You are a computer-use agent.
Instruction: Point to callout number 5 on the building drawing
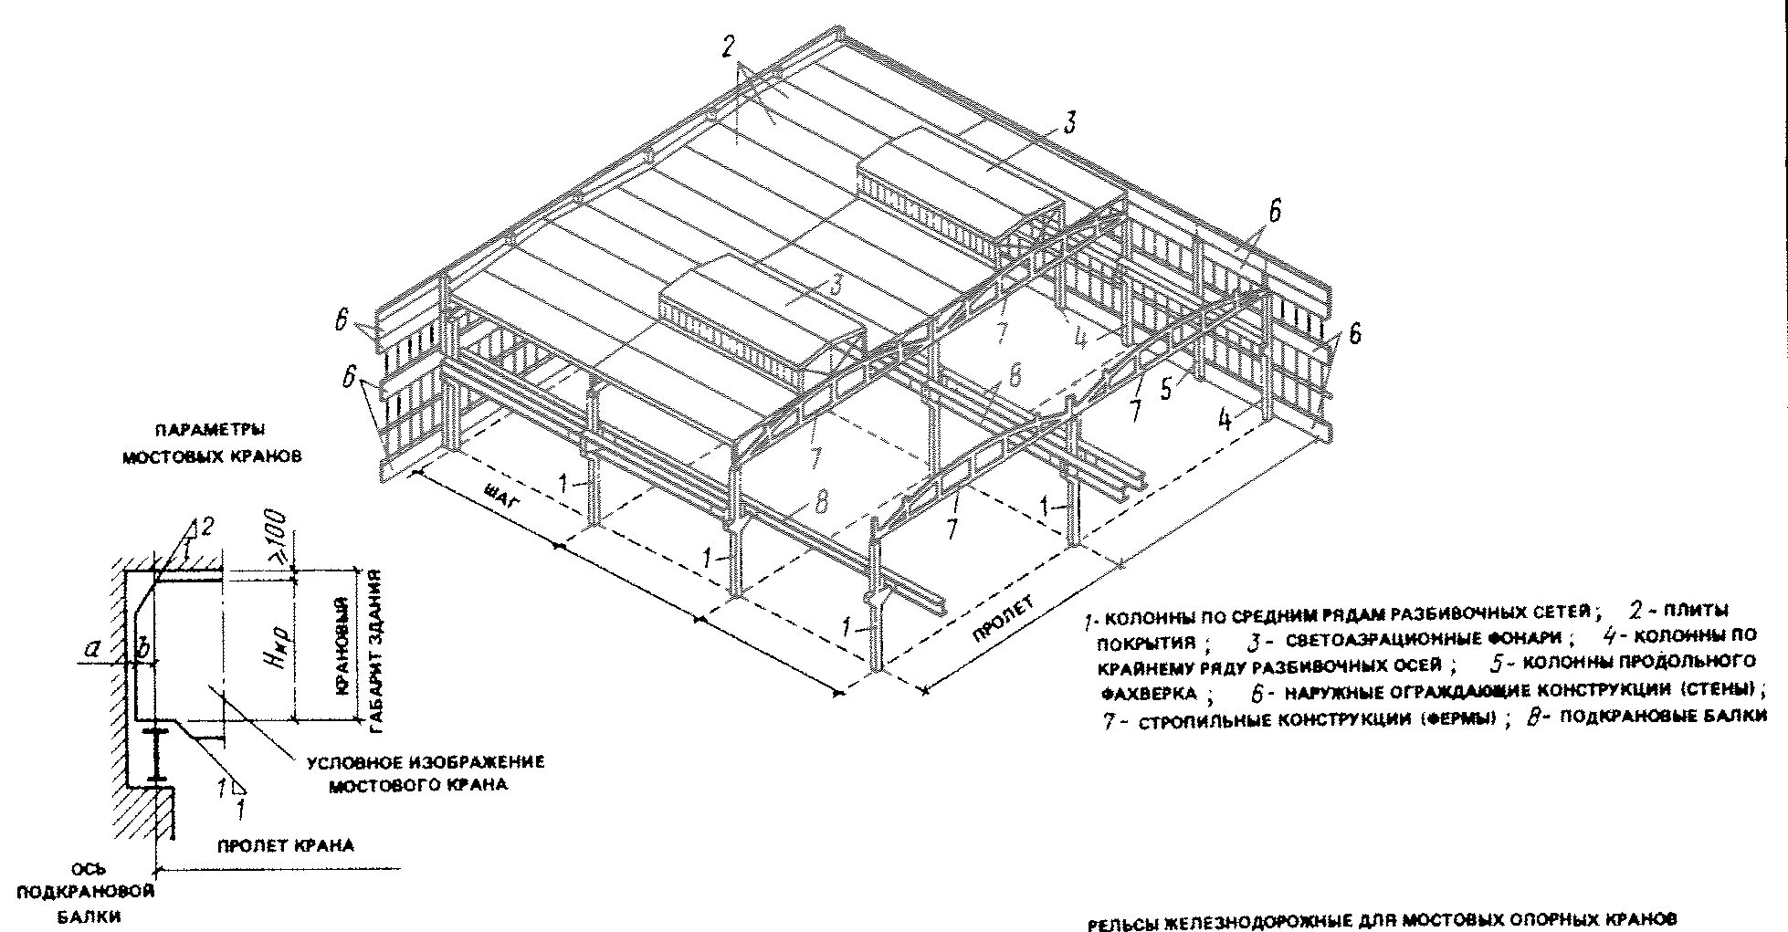coord(1166,389)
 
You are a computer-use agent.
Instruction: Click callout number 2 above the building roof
coord(728,47)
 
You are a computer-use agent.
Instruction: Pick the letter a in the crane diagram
coord(89,649)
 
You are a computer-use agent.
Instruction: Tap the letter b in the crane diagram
coord(142,649)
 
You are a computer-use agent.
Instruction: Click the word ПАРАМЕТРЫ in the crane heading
coord(210,429)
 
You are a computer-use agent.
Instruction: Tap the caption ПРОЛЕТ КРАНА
coord(286,845)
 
